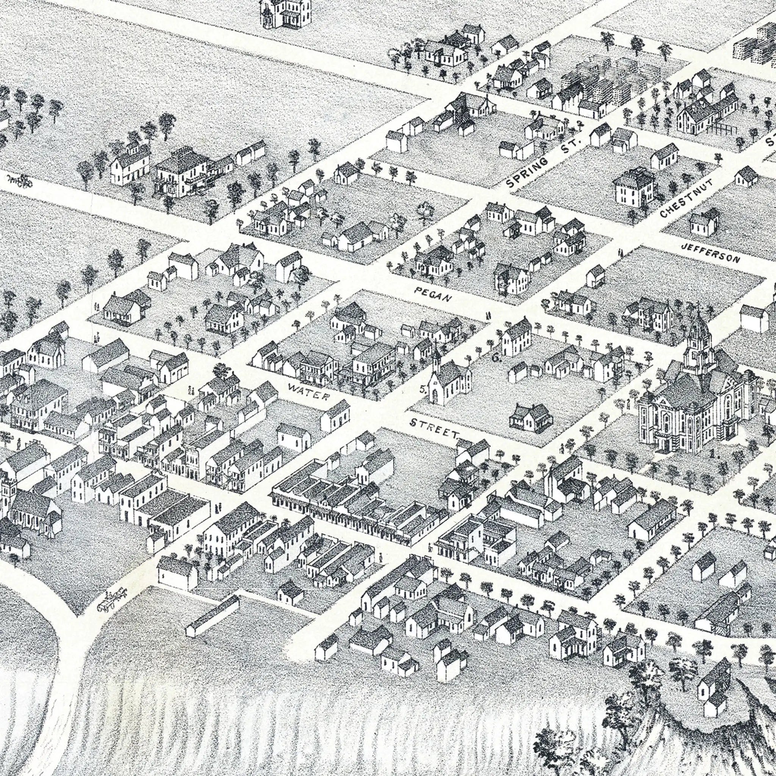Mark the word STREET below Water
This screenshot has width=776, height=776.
(x=435, y=428)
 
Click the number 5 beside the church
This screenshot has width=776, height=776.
(x=422, y=389)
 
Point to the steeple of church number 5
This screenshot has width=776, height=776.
(x=436, y=354)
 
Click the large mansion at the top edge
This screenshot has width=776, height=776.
(x=286, y=14)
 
